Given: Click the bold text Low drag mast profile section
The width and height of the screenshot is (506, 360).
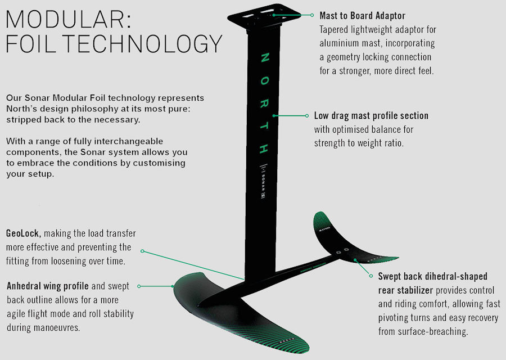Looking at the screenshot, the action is (371, 116).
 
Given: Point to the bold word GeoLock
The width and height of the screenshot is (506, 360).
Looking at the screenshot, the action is (24, 233).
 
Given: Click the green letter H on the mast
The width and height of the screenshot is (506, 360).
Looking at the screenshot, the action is (264, 149).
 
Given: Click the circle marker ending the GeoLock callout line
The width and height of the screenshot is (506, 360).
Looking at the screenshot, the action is (142, 251).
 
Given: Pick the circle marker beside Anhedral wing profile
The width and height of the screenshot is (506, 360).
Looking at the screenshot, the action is (138, 286).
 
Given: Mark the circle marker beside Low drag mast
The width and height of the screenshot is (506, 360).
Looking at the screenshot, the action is (308, 116).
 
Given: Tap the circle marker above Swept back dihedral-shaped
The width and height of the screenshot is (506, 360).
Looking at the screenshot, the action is (371, 276).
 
